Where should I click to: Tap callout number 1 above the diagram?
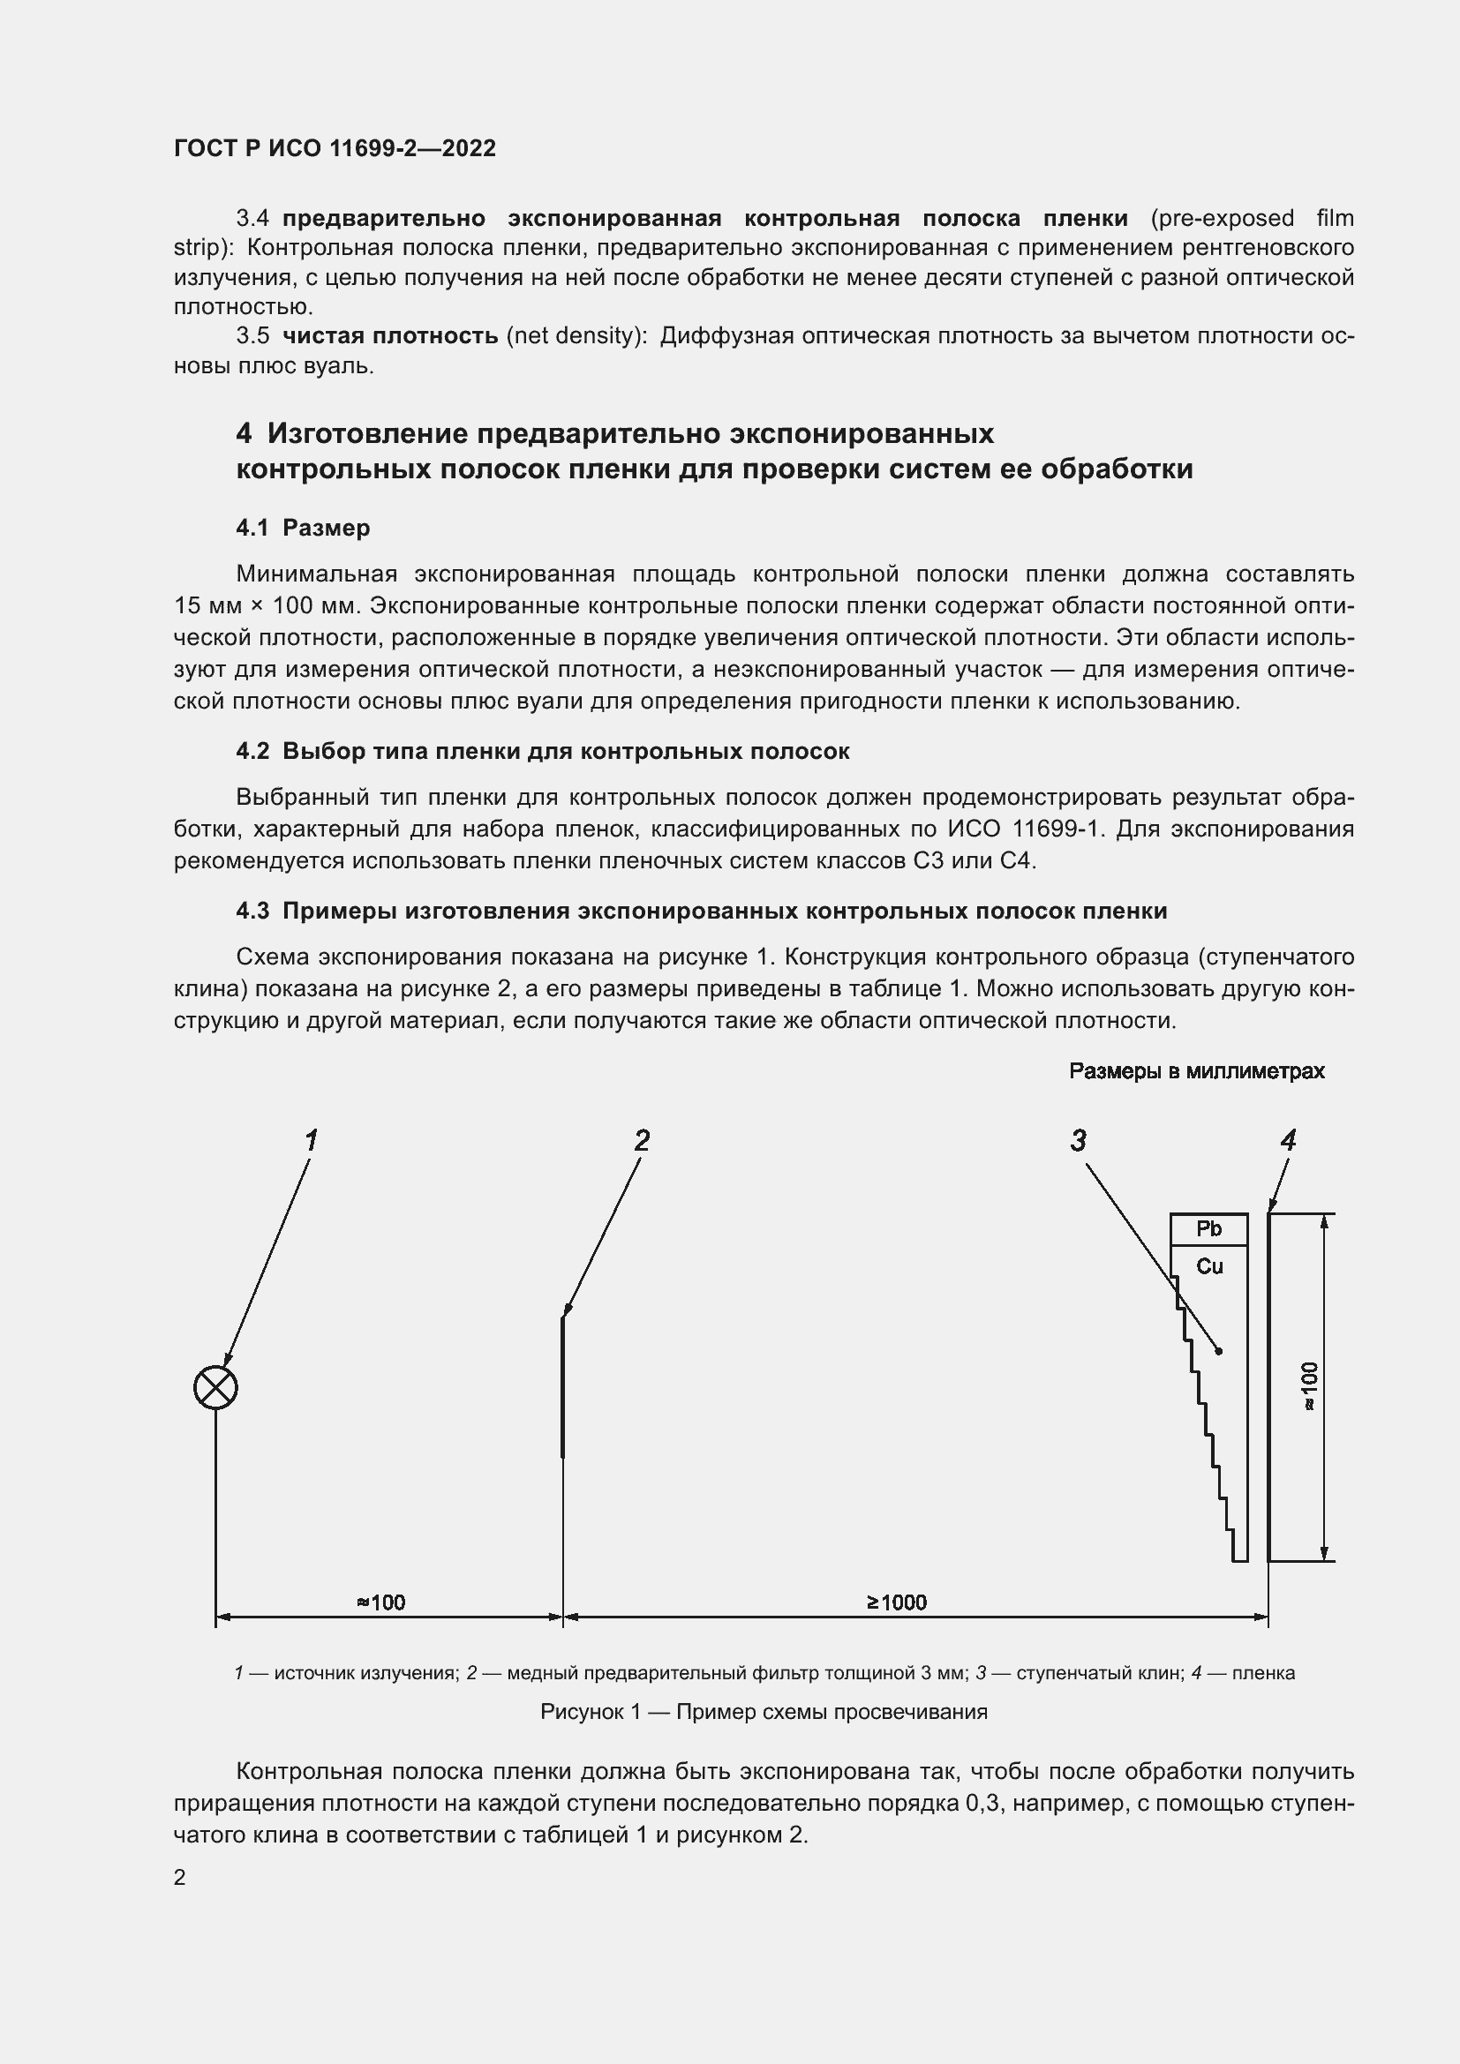[311, 1141]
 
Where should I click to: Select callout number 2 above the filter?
[641, 1141]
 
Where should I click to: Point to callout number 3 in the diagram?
[1078, 1141]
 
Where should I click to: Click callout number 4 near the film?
[1287, 1141]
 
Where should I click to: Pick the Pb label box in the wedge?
[1208, 1229]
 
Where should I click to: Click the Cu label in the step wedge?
[1209, 1266]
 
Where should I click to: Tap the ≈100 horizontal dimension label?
[380, 1602]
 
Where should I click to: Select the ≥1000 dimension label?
[896, 1602]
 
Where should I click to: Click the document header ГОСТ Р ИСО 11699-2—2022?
[335, 148]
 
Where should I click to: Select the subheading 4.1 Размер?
[303, 528]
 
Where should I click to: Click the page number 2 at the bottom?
[180, 1877]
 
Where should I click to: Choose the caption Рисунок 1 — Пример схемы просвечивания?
[764, 1712]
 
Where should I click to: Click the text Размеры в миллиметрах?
[1196, 1070]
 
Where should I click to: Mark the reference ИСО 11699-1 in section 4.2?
[1023, 829]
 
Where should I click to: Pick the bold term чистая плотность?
[390, 336]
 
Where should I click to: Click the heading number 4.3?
[252, 911]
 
